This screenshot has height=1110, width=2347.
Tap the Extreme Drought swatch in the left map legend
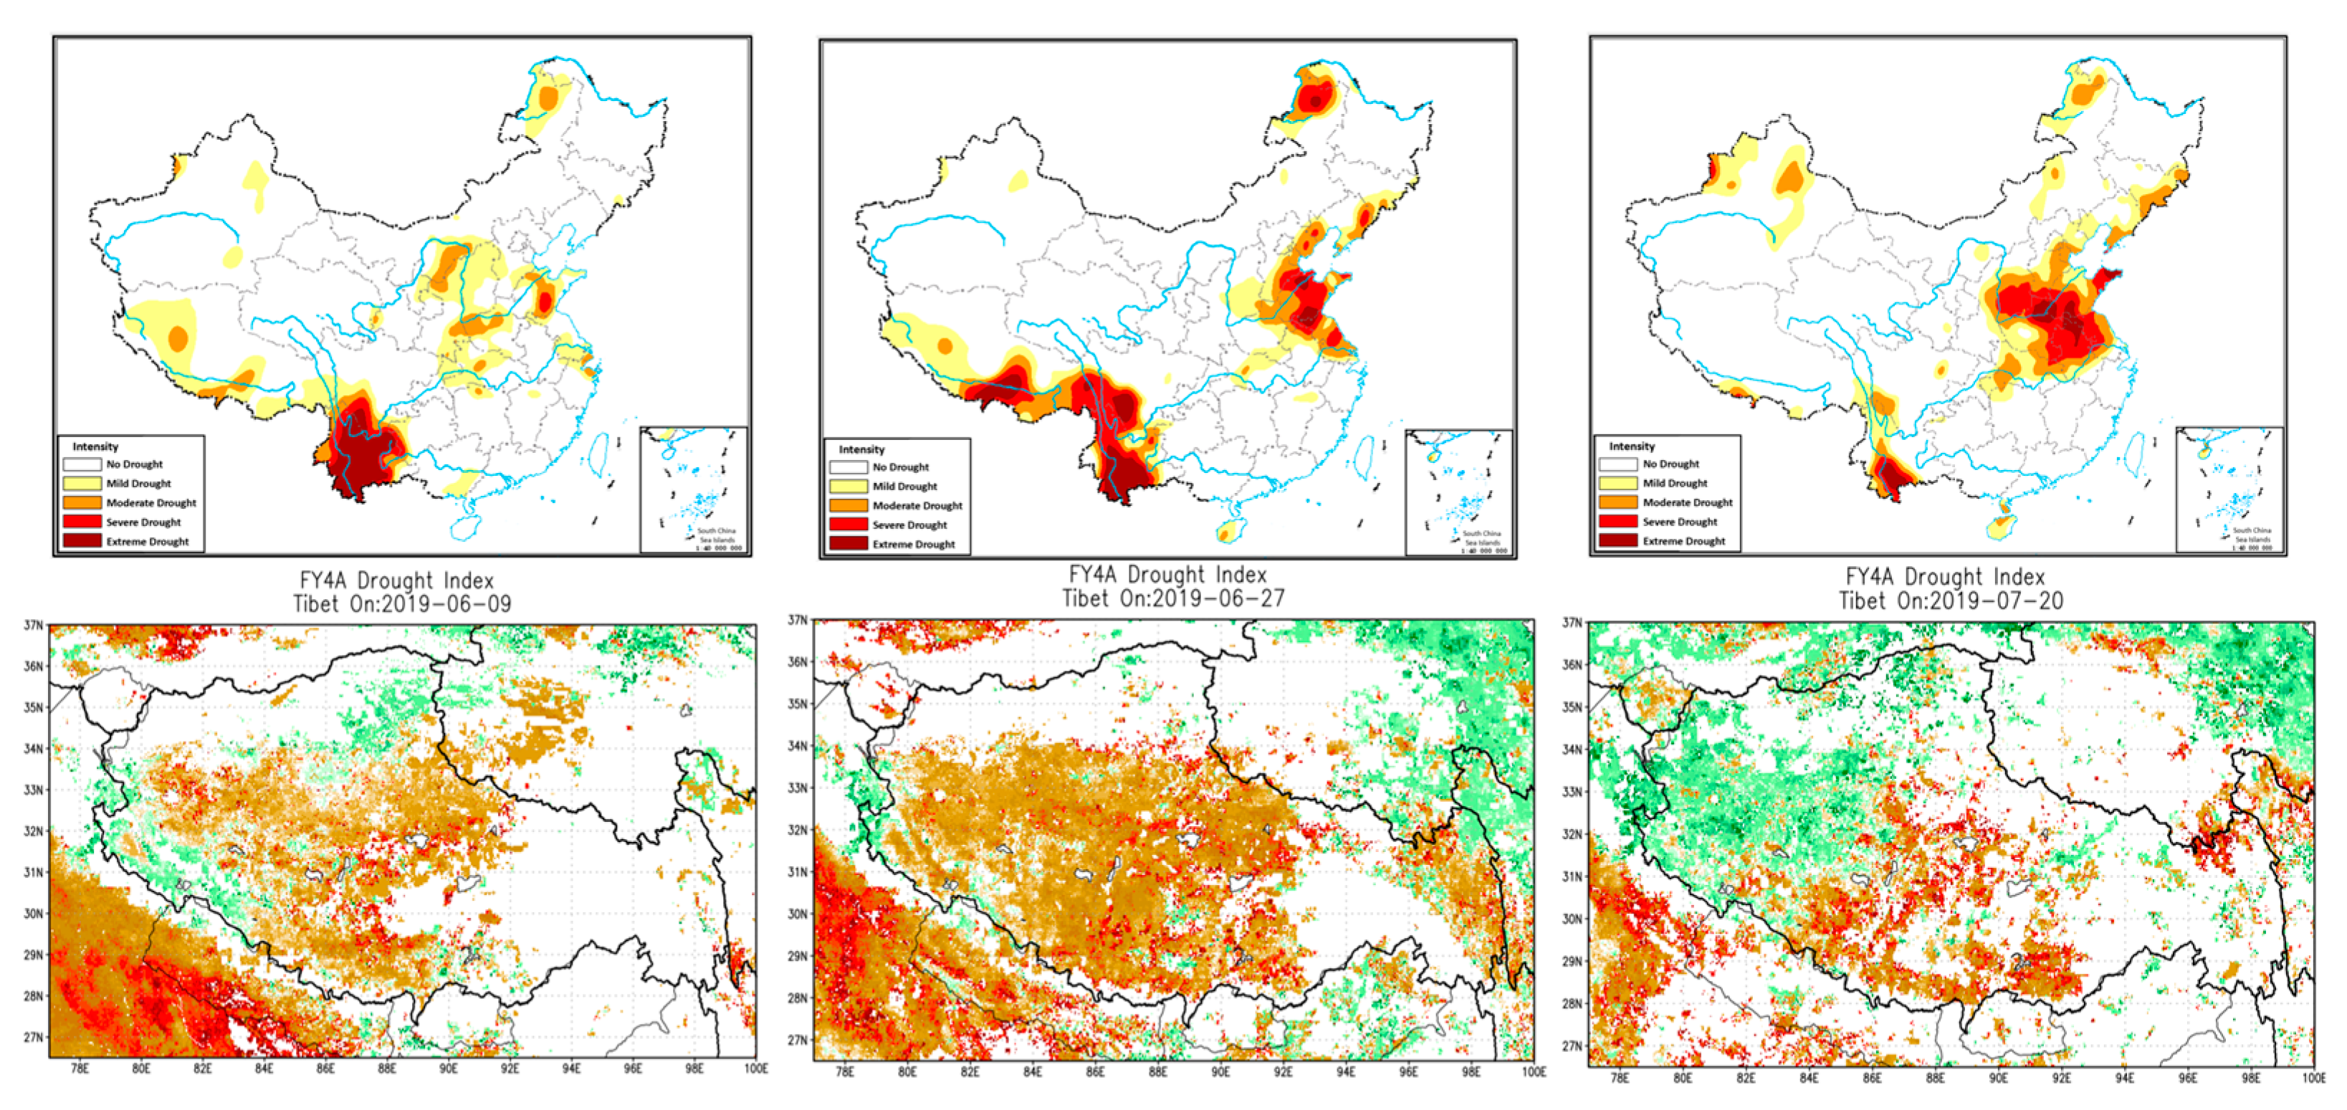pyautogui.click(x=81, y=541)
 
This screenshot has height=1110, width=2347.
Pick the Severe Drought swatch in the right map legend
pyautogui.click(x=1617, y=521)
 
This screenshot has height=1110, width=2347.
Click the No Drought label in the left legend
pyautogui.click(x=134, y=464)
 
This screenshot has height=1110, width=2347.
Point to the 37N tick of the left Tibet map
pyautogui.click(x=33, y=625)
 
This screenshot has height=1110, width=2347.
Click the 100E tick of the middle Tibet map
pyautogui.click(x=1534, y=1072)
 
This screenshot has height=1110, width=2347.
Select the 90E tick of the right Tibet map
pyautogui.click(x=1997, y=1077)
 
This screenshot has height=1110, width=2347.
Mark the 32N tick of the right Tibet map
pyautogui.click(x=1572, y=834)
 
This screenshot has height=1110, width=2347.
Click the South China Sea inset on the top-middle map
pyautogui.click(x=1458, y=492)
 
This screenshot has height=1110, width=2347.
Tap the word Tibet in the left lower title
pyautogui.click(x=316, y=604)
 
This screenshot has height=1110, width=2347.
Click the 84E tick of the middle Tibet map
pyautogui.click(x=1031, y=1072)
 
